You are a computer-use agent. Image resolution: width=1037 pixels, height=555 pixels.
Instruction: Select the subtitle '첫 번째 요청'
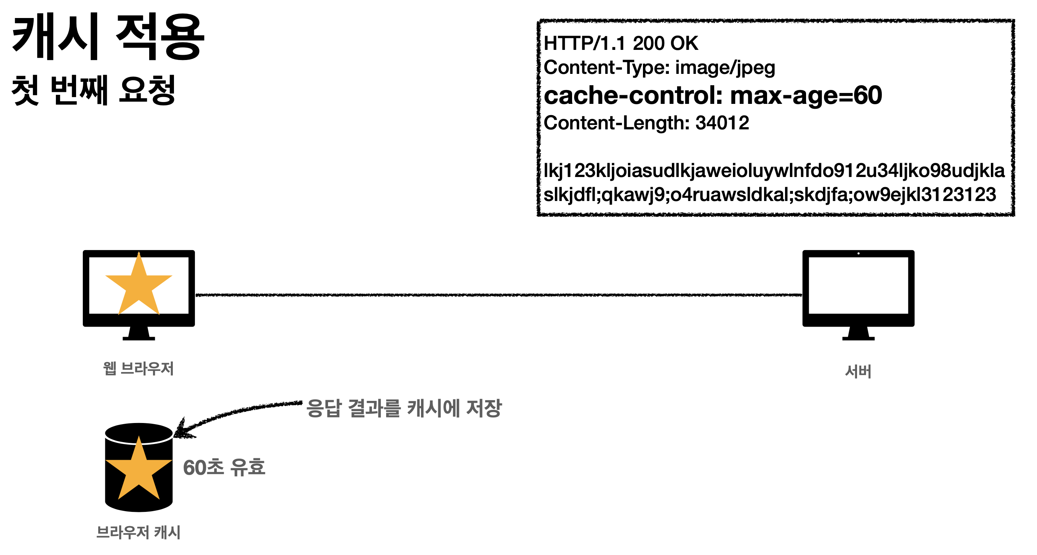click(93, 90)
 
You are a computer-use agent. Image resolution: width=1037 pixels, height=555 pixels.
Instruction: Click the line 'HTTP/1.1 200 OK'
click(620, 43)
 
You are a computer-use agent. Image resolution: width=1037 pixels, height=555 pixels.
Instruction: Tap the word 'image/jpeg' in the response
click(725, 67)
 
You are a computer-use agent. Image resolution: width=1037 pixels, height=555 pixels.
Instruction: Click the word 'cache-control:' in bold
click(633, 96)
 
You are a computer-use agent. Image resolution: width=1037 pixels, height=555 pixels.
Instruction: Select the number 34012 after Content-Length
click(722, 123)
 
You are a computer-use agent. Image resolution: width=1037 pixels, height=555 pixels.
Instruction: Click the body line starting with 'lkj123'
click(774, 171)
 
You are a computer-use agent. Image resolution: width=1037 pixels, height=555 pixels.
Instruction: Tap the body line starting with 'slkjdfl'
click(769, 195)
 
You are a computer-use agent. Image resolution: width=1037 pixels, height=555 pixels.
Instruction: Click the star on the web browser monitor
click(138, 286)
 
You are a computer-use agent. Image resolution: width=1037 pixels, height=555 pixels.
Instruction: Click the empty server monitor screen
click(858, 285)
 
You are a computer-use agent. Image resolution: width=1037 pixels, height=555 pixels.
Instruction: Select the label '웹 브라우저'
click(138, 369)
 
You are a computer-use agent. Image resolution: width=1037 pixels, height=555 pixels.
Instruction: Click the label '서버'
click(858, 371)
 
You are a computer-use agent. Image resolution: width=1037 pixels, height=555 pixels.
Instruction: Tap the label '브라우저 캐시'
click(138, 532)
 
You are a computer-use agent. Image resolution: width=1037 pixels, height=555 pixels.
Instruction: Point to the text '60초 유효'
click(224, 468)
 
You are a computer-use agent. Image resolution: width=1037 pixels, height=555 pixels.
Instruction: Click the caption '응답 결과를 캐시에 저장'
click(404, 408)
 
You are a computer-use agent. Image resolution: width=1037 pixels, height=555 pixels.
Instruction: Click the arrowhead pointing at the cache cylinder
click(181, 430)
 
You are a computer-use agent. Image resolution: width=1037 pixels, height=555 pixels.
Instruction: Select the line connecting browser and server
click(498, 295)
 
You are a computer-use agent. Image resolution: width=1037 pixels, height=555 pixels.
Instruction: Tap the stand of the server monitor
click(858, 333)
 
